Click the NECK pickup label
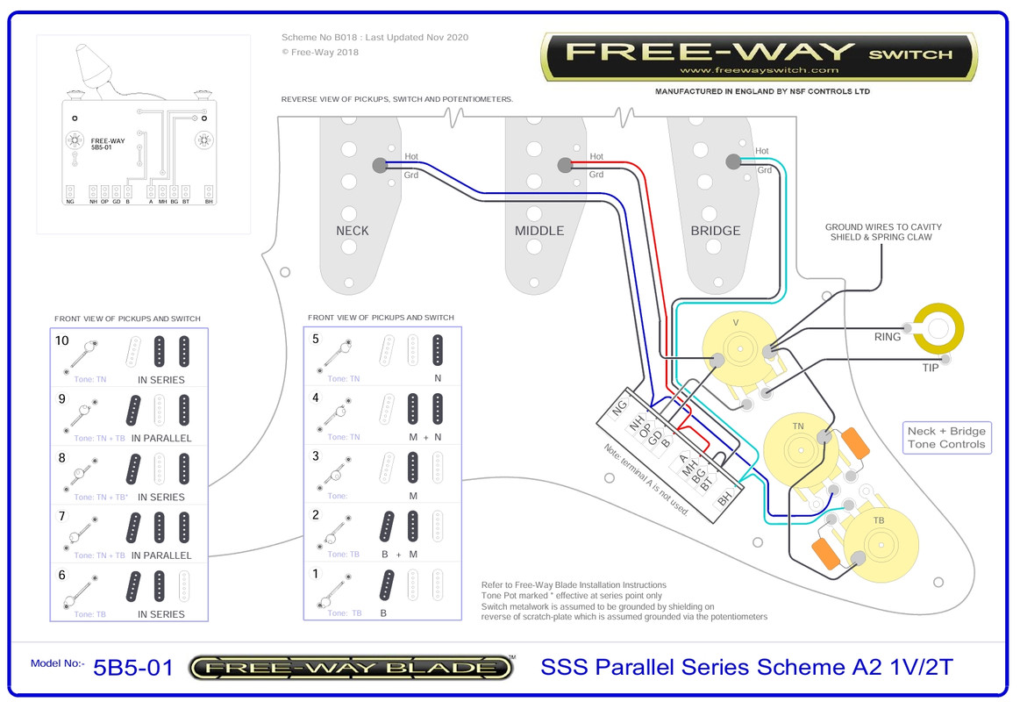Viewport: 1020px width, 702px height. [352, 231]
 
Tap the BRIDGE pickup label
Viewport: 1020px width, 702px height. [716, 231]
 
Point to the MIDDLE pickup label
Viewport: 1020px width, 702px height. [539, 231]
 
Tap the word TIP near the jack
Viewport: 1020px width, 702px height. [930, 368]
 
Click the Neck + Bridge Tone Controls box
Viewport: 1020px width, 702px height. [946, 437]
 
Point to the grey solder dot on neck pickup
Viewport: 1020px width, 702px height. [379, 164]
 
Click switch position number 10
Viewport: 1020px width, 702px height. [61, 340]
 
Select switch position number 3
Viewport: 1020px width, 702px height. [316, 455]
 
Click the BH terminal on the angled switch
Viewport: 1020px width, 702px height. [724, 500]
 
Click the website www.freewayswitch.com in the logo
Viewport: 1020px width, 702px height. [759, 70]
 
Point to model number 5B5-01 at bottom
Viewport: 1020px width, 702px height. [132, 667]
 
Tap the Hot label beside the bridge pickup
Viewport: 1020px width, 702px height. [761, 151]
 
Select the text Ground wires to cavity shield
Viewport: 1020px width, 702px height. [882, 232]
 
